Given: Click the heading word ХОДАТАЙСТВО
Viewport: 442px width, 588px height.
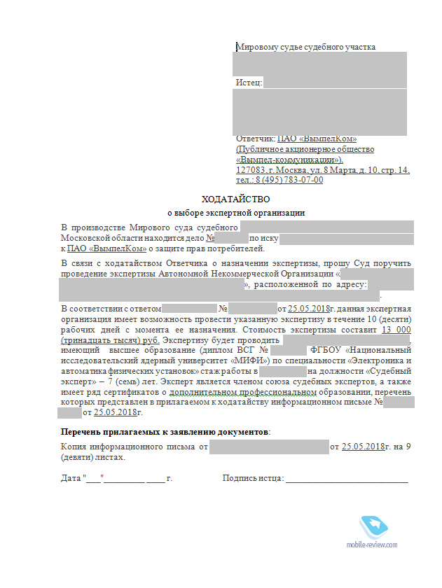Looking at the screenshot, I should [235, 199].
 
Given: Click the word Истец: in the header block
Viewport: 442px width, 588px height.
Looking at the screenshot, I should [249, 83].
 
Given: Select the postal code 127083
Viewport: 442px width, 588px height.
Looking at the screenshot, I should [251, 170].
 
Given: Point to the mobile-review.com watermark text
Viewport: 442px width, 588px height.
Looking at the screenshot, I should [371, 544].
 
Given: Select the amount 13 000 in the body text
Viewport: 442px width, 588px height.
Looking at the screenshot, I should [396, 330].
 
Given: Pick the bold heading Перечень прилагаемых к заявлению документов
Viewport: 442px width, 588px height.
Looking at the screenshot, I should [165, 433].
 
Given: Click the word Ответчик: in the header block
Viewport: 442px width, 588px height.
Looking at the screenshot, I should [256, 139].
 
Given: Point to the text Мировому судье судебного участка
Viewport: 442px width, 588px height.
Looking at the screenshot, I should [306, 47].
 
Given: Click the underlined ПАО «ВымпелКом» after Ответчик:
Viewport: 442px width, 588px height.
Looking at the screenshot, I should [317, 139].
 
